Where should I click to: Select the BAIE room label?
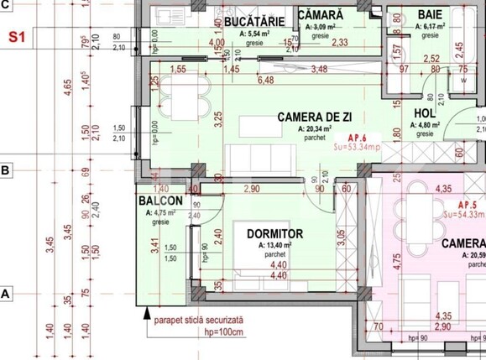tap(431, 15)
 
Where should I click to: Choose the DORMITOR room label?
tap(274, 232)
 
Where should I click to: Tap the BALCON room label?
tap(159, 202)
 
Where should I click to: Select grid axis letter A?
tap(5, 295)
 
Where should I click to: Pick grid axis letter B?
tap(5, 170)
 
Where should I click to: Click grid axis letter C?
tap(5, 5)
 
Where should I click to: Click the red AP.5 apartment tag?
tap(468, 205)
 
